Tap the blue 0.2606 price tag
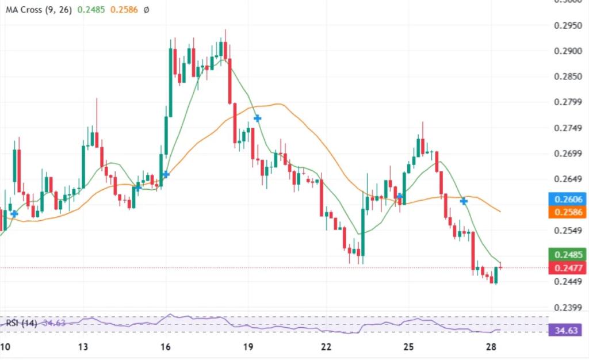567,199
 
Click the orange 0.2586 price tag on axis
567,212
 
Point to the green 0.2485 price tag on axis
567,254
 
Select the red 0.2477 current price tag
567,267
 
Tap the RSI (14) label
21,323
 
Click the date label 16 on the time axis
166,347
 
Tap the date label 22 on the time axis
327,347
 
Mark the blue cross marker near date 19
258,118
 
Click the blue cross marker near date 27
463,201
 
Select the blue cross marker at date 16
166,174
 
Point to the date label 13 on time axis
83,347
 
